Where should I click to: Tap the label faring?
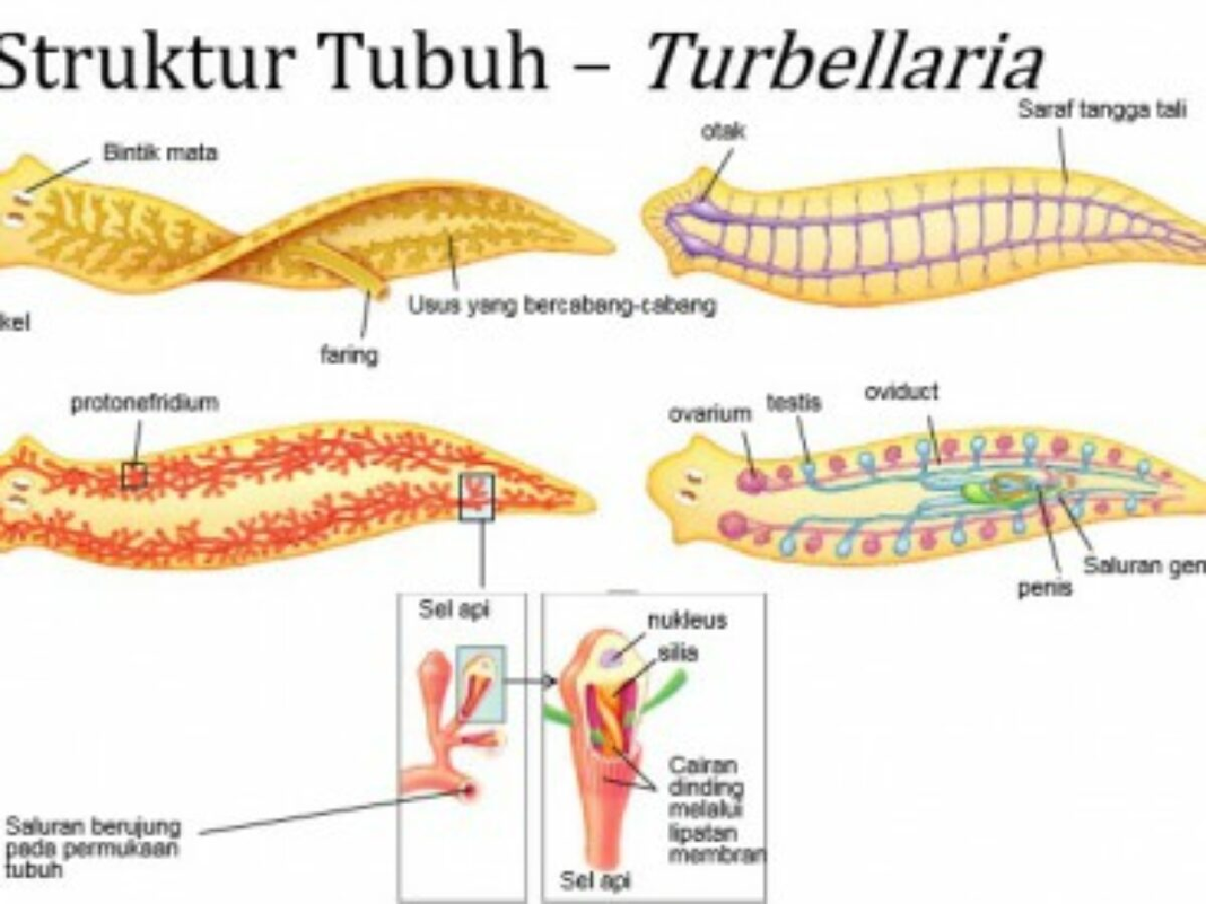coord(349,354)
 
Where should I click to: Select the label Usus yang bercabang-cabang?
coord(562,306)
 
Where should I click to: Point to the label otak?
coord(723,132)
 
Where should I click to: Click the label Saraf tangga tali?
coord(1101,110)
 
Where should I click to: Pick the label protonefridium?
coord(144,402)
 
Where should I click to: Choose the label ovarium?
coord(709,414)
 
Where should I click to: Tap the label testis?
coord(794,402)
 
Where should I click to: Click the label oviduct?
coord(900,392)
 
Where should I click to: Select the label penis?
coord(1045,588)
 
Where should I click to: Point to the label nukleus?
coord(687,620)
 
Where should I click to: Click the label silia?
coord(677,652)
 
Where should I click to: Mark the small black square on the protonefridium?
coord(134,475)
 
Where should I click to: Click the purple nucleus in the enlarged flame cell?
coord(613,656)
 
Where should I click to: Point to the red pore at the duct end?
coord(470,791)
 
